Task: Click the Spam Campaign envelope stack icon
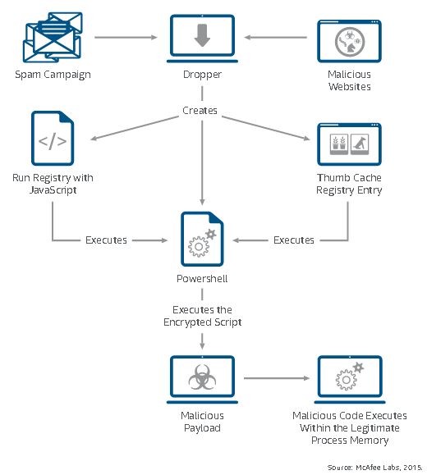click(53, 37)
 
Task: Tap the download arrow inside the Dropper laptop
click(202, 35)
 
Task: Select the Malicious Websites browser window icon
click(349, 41)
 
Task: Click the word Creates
click(200, 111)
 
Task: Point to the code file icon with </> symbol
click(53, 138)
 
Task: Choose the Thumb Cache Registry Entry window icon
click(349, 144)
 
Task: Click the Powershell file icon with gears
click(202, 239)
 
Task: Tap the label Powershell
click(202, 278)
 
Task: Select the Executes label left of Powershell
click(106, 240)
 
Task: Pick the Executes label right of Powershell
click(294, 240)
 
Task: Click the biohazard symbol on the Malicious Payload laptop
click(202, 377)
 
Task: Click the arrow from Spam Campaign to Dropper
click(126, 37)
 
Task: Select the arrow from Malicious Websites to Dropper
click(276, 37)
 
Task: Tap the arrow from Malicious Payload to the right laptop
click(277, 378)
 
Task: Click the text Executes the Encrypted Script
click(202, 316)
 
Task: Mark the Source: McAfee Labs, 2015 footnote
click(374, 467)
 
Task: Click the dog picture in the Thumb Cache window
click(360, 144)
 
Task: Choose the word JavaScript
click(53, 190)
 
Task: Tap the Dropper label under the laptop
click(202, 75)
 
